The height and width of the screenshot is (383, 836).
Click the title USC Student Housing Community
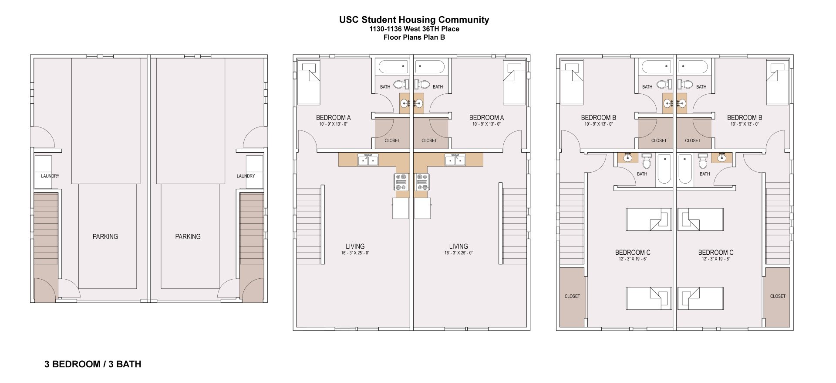[414, 20]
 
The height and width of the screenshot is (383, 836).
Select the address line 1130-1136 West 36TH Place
[414, 29]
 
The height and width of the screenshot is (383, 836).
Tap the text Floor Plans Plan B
[414, 37]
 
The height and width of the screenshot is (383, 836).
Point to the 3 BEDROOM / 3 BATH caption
[93, 364]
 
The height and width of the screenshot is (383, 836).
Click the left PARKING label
[105, 236]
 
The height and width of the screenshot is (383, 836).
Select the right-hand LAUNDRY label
[246, 176]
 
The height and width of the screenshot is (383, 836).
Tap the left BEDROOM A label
[333, 117]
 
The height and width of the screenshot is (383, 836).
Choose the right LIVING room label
[458, 246]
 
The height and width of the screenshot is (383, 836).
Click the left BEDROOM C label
[633, 253]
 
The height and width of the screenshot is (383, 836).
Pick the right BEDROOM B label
[745, 117]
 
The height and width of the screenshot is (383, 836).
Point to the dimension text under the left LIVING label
[355, 253]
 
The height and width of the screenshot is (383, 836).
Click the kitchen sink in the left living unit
[368, 160]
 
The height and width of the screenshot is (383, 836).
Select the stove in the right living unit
[422, 182]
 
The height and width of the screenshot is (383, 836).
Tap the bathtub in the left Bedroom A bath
[393, 67]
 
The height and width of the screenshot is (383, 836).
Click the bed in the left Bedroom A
[309, 82]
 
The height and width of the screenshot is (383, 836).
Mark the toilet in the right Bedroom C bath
[702, 162]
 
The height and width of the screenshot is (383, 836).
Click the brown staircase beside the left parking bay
[46, 229]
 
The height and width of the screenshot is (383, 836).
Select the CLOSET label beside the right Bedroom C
[778, 296]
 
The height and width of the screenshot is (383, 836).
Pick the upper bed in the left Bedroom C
[648, 219]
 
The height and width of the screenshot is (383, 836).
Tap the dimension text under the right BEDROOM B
[745, 124]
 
